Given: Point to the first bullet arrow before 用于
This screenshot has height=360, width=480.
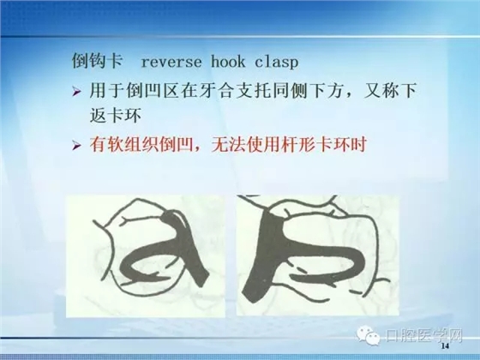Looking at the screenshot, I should pyautogui.click(x=77, y=92).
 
